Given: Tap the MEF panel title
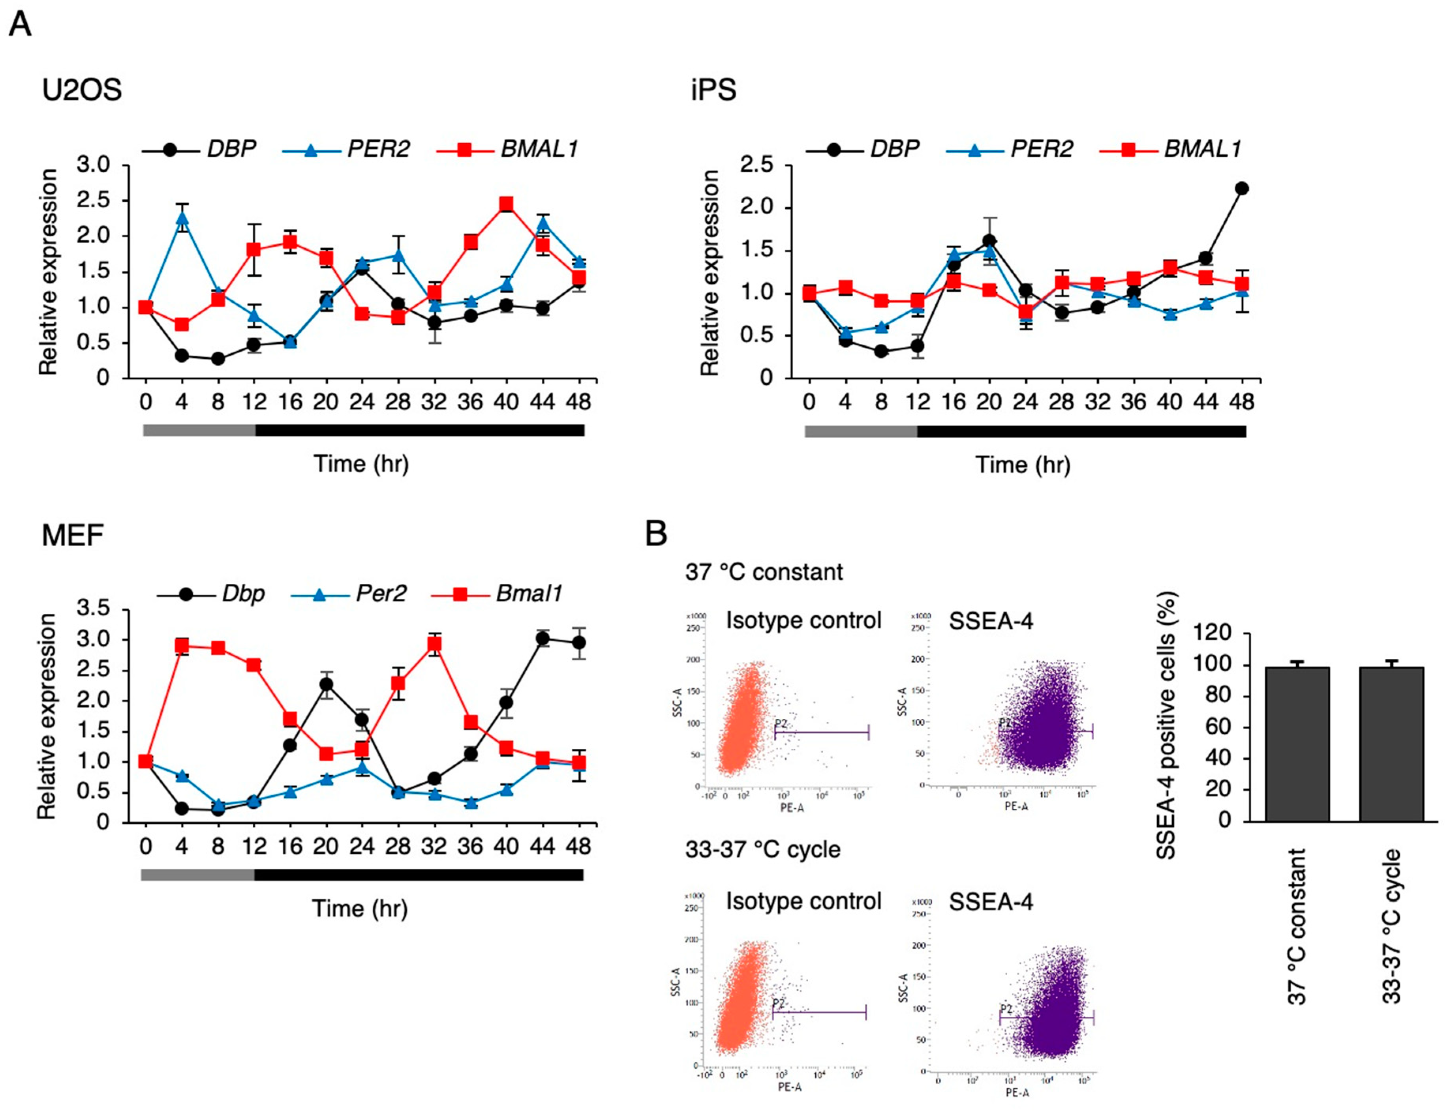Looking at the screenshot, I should click(73, 534).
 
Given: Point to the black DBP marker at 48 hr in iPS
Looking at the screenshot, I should click(1242, 189).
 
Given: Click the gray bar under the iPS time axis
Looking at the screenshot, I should click(861, 431).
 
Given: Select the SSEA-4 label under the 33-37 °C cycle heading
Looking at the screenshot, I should click(991, 902).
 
